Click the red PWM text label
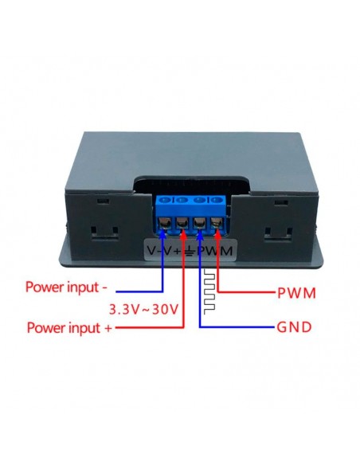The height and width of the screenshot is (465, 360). pos(295,293)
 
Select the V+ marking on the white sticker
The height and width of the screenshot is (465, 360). pos(173,252)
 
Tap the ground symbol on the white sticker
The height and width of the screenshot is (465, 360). pos(191,252)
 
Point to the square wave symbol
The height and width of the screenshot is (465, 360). pos(210,290)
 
